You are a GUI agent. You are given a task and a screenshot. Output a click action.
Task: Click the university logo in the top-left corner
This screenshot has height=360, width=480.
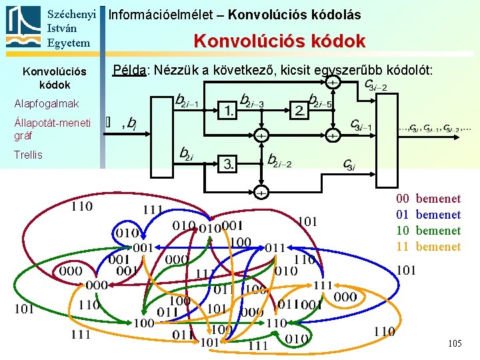click(23, 27)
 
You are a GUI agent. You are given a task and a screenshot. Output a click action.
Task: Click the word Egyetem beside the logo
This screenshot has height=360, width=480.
click(69, 43)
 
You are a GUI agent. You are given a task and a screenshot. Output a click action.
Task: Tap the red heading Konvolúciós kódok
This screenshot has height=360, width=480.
click(279, 41)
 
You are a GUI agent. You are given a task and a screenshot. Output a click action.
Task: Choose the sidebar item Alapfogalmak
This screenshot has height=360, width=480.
click(46, 104)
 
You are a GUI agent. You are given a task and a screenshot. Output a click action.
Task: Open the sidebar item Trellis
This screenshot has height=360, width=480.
click(28, 155)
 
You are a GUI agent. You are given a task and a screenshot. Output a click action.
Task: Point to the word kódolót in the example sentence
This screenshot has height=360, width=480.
click(412, 70)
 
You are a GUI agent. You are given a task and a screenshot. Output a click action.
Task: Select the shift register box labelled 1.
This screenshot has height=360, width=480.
click(228, 109)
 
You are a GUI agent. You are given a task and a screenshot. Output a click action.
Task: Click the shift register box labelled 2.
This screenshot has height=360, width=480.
click(300, 109)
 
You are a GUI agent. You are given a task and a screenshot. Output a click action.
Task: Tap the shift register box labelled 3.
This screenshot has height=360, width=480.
click(228, 163)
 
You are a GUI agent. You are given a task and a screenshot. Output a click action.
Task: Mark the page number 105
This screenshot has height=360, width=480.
click(455, 343)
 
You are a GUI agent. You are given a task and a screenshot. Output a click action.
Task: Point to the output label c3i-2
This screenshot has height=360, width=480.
click(376, 86)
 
